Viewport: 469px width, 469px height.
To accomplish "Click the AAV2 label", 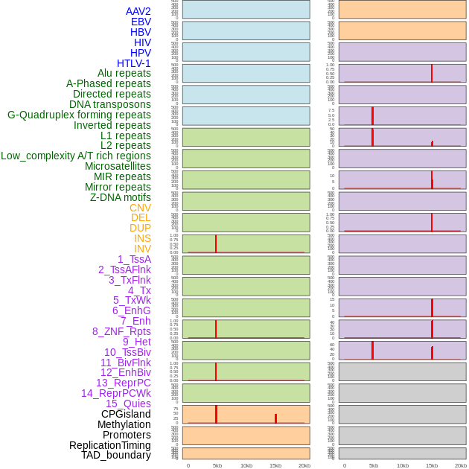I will (x=138, y=11).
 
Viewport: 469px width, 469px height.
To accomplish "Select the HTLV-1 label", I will (x=134, y=63).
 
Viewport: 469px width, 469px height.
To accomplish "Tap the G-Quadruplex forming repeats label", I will (x=79, y=115).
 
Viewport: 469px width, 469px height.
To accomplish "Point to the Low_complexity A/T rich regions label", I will (x=76, y=156).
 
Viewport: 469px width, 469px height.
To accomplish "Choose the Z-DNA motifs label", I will (x=121, y=197).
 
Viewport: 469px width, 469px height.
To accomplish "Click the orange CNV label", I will (x=140, y=208).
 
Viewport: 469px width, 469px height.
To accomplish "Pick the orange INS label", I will (x=142, y=238).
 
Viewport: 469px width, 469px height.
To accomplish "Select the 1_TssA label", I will (x=134, y=259).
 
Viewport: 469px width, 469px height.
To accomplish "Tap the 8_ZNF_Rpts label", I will (x=121, y=331).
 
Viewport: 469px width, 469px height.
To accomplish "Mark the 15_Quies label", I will (x=128, y=403).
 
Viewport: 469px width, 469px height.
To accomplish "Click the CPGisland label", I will (x=126, y=414).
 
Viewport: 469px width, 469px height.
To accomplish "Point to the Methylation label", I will (x=124, y=424).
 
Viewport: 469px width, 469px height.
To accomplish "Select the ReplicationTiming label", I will (x=110, y=445).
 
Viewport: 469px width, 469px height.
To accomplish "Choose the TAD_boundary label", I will (x=116, y=455).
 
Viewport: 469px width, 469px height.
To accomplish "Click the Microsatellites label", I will (x=118, y=166).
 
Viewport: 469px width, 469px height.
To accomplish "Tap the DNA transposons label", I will (x=110, y=104).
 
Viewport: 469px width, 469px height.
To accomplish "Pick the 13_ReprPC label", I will (x=124, y=383).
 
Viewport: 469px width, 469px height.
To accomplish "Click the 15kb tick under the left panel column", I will (x=275, y=465).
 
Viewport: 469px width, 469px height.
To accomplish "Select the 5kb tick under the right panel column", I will (x=374, y=465).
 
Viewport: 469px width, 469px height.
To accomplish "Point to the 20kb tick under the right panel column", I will (x=461, y=465).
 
